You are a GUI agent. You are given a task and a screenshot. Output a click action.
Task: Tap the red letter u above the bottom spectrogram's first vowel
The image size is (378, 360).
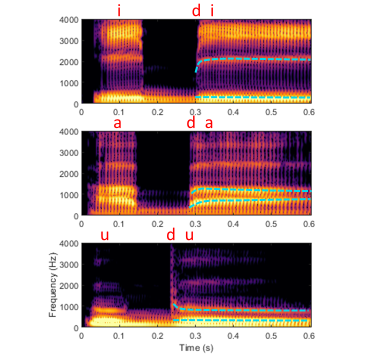pyautogui.click(x=104, y=235)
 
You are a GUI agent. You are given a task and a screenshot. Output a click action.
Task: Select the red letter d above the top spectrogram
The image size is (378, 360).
pyautogui.click(x=196, y=10)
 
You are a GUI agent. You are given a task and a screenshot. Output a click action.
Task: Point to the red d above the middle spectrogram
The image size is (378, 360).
pyautogui.click(x=190, y=123)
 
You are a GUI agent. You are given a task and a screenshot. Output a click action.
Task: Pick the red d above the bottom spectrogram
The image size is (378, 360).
pyautogui.click(x=171, y=235)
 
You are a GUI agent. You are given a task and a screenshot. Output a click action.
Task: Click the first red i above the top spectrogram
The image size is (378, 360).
pyautogui.click(x=119, y=10)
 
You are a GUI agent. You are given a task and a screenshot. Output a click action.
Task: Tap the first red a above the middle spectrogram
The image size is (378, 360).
pyautogui.click(x=117, y=123)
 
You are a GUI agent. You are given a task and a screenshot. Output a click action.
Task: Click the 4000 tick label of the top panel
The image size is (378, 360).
pyautogui.click(x=69, y=20)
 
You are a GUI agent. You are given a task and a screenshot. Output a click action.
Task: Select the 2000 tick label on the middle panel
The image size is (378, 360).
pyautogui.click(x=69, y=174)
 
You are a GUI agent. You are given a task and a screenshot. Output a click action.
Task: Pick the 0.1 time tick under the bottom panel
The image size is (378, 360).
pyautogui.click(x=119, y=336)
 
